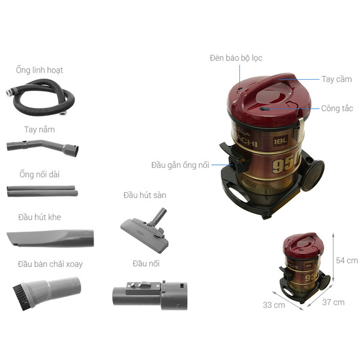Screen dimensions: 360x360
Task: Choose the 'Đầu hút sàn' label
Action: (145, 195)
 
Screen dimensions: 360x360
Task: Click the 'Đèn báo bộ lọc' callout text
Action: (236, 58)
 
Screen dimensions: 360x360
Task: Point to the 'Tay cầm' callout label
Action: (336, 79)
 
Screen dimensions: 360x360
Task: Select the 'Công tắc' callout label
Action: (337, 109)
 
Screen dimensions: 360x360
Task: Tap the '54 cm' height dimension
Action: (347, 260)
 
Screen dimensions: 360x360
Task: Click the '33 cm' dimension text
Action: (274, 305)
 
